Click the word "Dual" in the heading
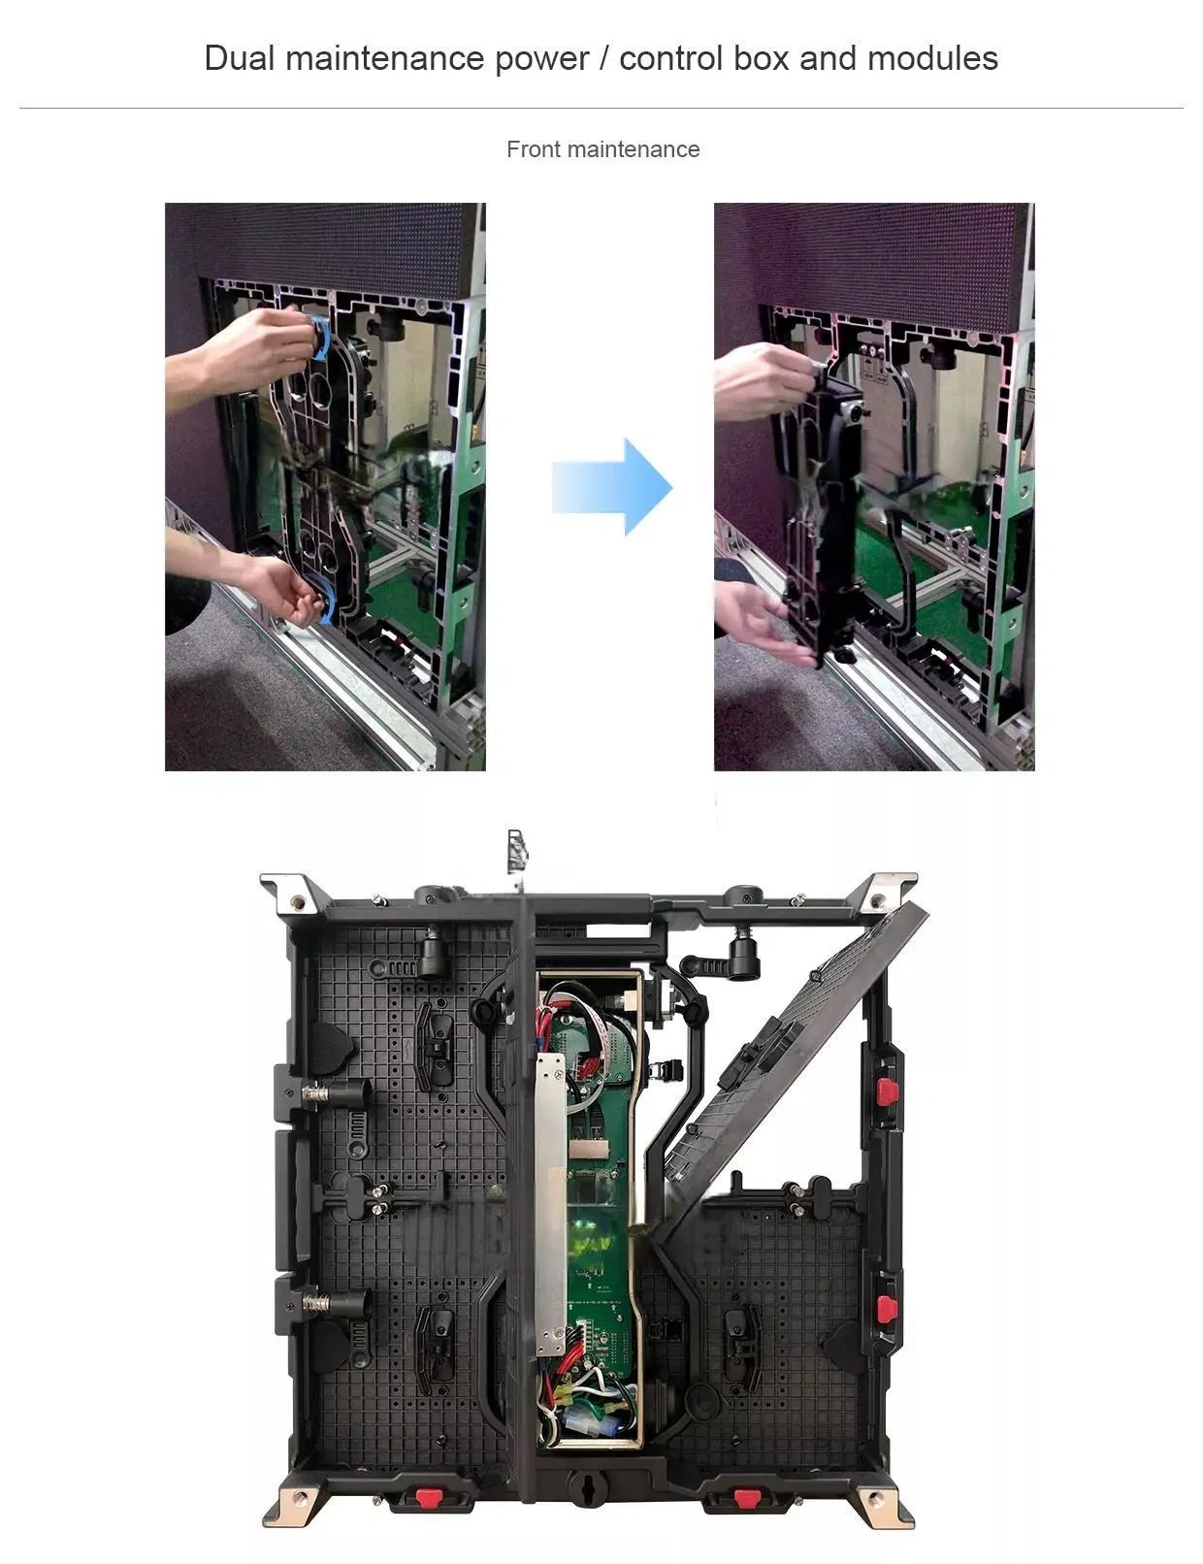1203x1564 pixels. click(x=241, y=57)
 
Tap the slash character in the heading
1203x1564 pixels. click(x=603, y=58)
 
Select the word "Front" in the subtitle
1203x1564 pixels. click(x=533, y=149)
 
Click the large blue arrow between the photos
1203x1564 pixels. click(x=612, y=486)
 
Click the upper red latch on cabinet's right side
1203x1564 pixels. click(x=886, y=1092)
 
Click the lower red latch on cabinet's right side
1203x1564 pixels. click(x=886, y=1309)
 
